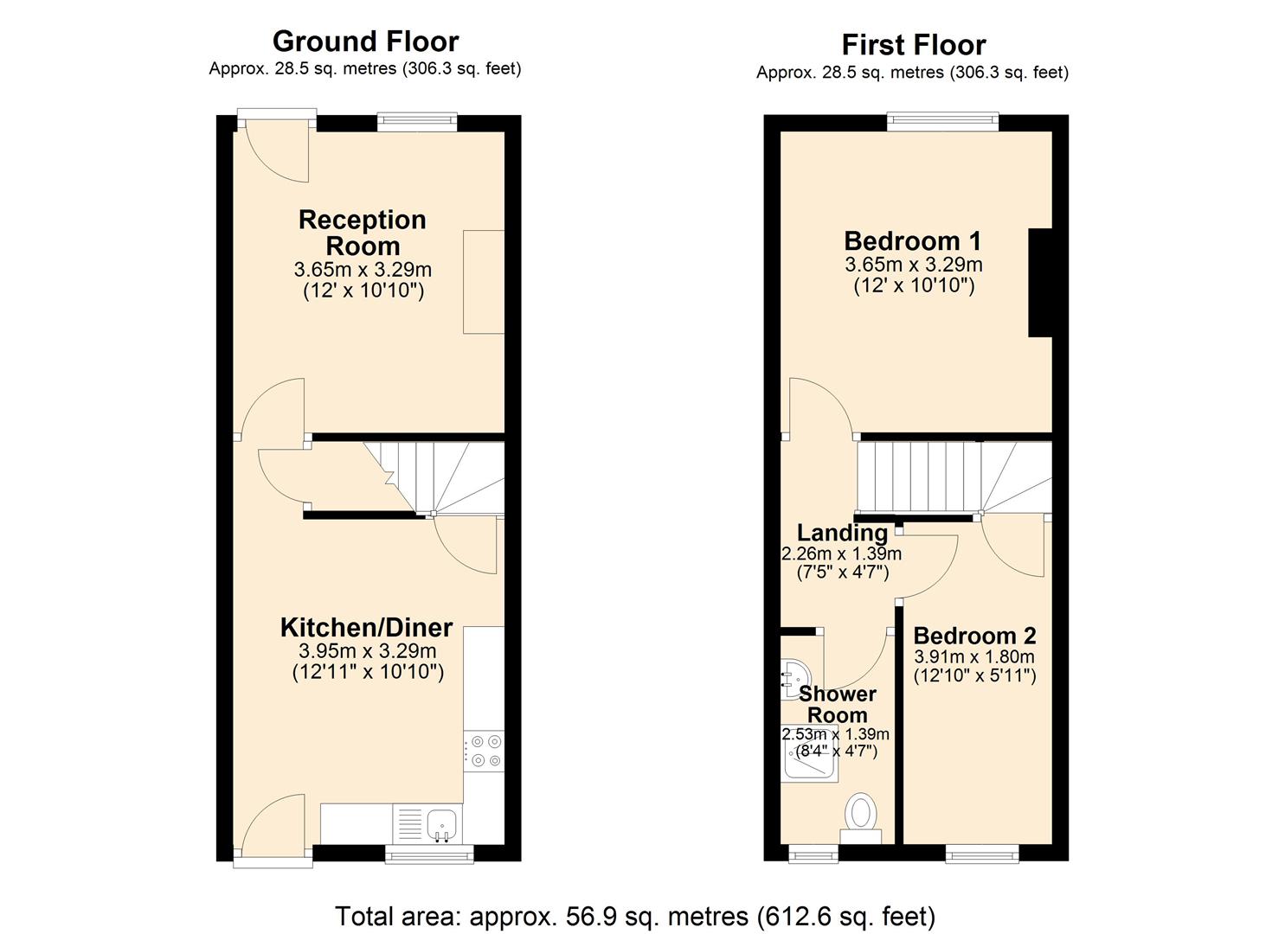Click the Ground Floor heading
(x=365, y=42)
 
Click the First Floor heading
(x=913, y=45)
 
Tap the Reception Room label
(x=362, y=233)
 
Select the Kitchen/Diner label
(x=366, y=627)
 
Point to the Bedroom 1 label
(x=913, y=240)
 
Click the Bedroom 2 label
(x=974, y=637)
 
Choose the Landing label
(x=842, y=533)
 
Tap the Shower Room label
(x=837, y=705)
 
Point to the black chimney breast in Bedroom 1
(x=1040, y=282)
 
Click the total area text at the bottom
(x=634, y=916)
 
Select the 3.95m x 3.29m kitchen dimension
(x=367, y=651)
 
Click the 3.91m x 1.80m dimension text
(x=974, y=657)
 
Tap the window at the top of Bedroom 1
(x=942, y=122)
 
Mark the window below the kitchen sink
(x=429, y=854)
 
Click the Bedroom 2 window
(x=981, y=854)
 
